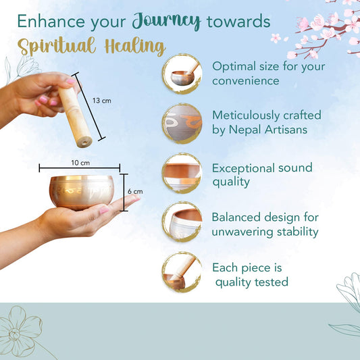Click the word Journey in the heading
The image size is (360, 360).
point(166,21)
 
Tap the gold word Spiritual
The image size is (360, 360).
point(57,46)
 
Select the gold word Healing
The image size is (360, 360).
point(135,47)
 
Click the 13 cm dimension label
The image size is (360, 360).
point(102,101)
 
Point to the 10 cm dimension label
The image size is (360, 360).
point(80,163)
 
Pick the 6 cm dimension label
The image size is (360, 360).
point(135,191)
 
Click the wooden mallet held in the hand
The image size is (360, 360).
point(75,117)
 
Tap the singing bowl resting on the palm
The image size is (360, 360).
point(82,192)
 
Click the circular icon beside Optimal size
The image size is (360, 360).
point(182,74)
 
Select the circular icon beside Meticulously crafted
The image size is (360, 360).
point(182,124)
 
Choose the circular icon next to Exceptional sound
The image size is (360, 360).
point(182,173)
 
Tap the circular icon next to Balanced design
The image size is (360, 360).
point(182,222)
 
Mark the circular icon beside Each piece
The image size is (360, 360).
point(182,272)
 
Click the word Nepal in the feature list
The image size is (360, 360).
point(245,130)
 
